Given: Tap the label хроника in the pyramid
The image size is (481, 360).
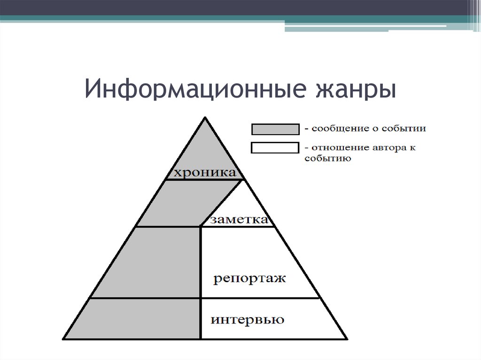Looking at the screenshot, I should (205, 172).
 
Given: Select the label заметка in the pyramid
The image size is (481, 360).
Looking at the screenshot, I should (239, 220).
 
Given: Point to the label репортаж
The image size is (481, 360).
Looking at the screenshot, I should (249, 278).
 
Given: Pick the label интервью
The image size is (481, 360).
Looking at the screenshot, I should (248, 320).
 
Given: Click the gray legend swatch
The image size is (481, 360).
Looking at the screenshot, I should (275, 129).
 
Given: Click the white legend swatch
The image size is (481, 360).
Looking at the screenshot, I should (275, 147).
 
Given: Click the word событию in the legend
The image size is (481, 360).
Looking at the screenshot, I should (327, 158).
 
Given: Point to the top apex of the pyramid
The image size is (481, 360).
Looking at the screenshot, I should (205, 117).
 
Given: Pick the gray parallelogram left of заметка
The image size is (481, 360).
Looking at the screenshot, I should (178, 203).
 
